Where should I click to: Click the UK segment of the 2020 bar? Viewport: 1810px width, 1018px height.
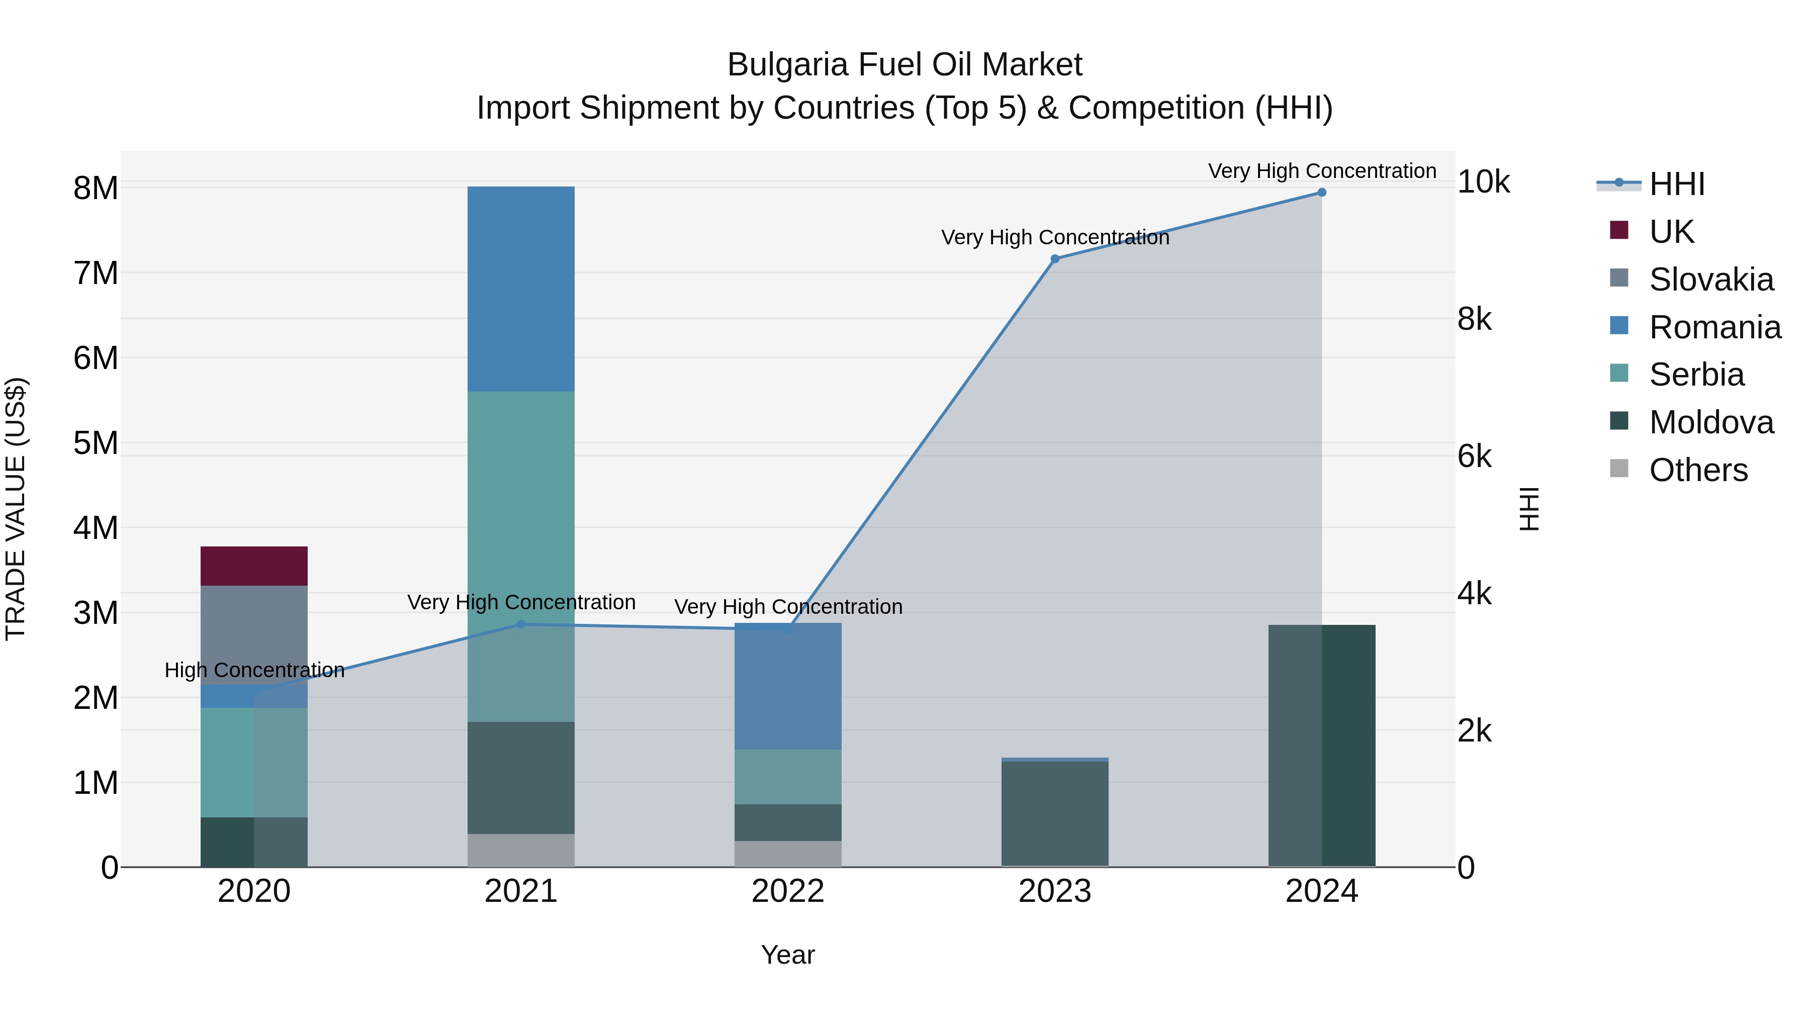click(x=254, y=566)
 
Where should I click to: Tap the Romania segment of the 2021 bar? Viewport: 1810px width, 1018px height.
click(x=521, y=289)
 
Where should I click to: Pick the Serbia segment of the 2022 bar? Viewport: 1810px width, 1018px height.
click(x=788, y=776)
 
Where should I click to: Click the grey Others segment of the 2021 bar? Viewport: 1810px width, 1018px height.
click(x=521, y=850)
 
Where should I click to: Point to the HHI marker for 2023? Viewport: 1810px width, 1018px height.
click(x=1055, y=258)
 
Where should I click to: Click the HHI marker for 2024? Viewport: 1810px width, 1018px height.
click(x=1322, y=193)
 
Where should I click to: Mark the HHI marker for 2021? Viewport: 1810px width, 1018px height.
click(x=521, y=624)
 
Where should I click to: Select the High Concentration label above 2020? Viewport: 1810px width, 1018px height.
click(x=254, y=670)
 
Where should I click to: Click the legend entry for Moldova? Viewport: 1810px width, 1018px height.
click(x=1710, y=422)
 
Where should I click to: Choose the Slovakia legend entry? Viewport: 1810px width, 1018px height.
click(x=1710, y=280)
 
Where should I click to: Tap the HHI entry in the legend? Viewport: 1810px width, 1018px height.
click(x=1676, y=184)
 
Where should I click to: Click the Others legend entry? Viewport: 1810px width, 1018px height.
click(x=1697, y=470)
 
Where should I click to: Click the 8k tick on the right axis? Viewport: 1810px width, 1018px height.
click(x=1474, y=320)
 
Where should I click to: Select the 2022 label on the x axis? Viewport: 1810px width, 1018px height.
click(x=788, y=891)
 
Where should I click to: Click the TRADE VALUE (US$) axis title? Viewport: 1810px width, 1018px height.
click(x=16, y=509)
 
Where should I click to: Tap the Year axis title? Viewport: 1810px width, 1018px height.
click(x=788, y=955)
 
